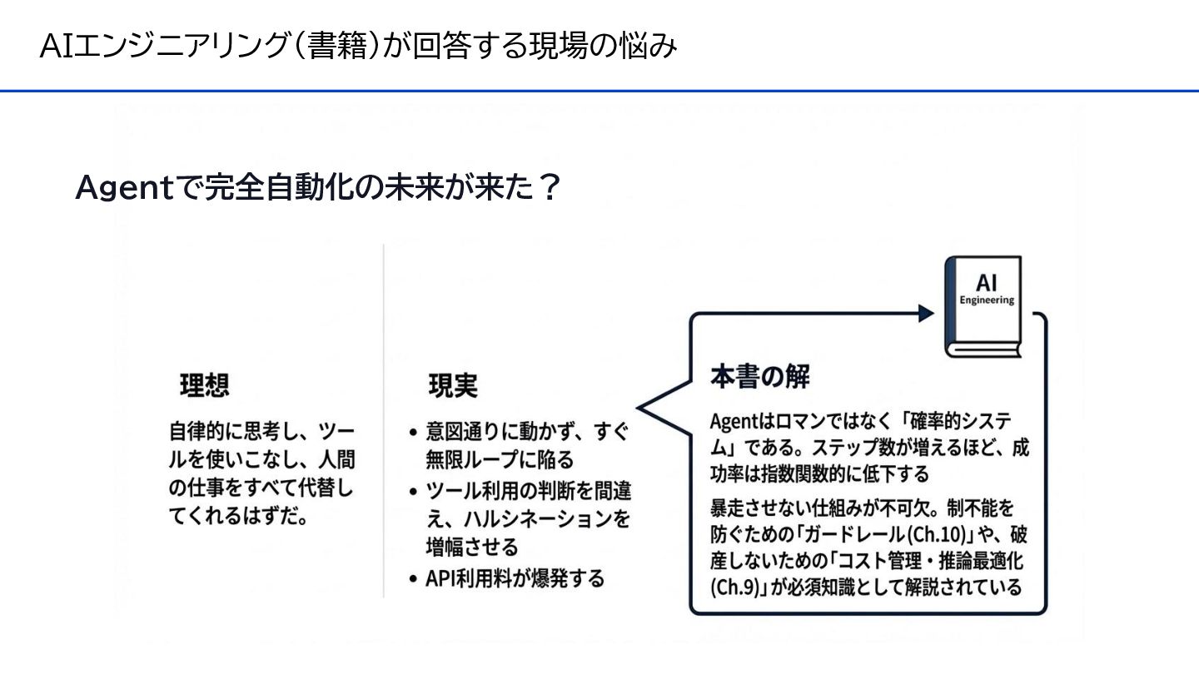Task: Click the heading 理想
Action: click(205, 385)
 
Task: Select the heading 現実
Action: click(453, 385)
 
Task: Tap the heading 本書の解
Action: click(759, 376)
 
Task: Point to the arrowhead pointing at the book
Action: click(925, 313)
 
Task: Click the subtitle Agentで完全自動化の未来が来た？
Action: click(316, 187)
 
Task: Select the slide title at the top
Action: click(358, 46)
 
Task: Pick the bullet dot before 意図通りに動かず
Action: click(414, 434)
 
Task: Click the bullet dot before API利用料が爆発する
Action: click(414, 580)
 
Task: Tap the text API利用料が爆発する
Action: click(515, 579)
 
